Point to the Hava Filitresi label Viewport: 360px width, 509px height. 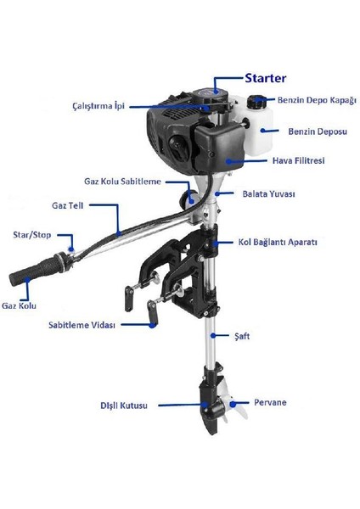tap(304, 160)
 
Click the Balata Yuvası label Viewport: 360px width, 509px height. tap(268, 194)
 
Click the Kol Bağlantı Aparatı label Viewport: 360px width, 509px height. tap(278, 243)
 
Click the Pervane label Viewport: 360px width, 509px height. tap(270, 401)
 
